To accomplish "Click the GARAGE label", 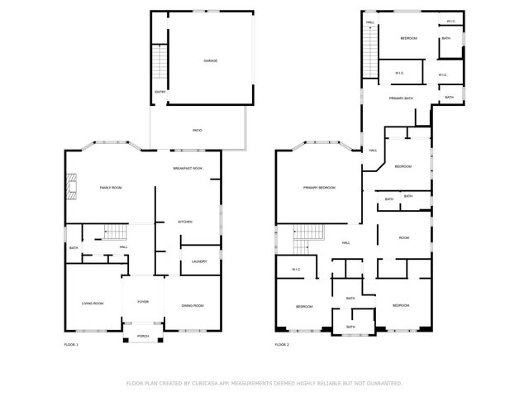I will [x=211, y=60].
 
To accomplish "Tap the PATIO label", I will [x=198, y=130].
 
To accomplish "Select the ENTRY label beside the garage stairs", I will [x=160, y=92].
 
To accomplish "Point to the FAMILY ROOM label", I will [x=111, y=188].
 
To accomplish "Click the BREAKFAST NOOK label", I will [x=188, y=168].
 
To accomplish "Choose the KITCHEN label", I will [x=185, y=222].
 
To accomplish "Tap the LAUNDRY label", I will [x=198, y=261].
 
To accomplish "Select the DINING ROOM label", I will [x=193, y=305].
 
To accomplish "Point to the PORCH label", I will [x=143, y=336].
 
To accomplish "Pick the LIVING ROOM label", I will [x=92, y=304].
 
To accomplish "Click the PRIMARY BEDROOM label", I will [x=319, y=188].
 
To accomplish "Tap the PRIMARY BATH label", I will [x=402, y=98].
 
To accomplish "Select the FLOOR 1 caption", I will [x=71, y=344].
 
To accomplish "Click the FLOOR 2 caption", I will [x=282, y=344].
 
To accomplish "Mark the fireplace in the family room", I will [x=71, y=188].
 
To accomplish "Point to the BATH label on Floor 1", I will [x=74, y=248].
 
